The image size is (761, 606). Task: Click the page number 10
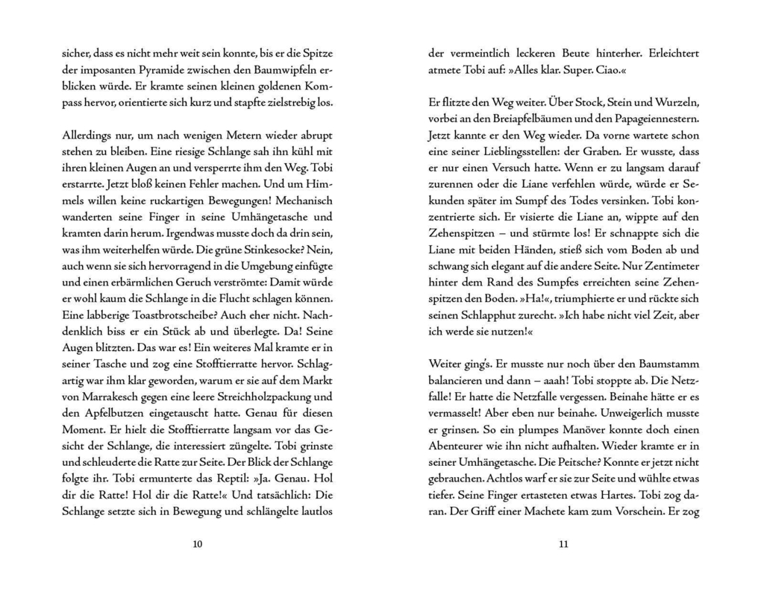[x=197, y=544]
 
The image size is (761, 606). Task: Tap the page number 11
[x=563, y=544]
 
